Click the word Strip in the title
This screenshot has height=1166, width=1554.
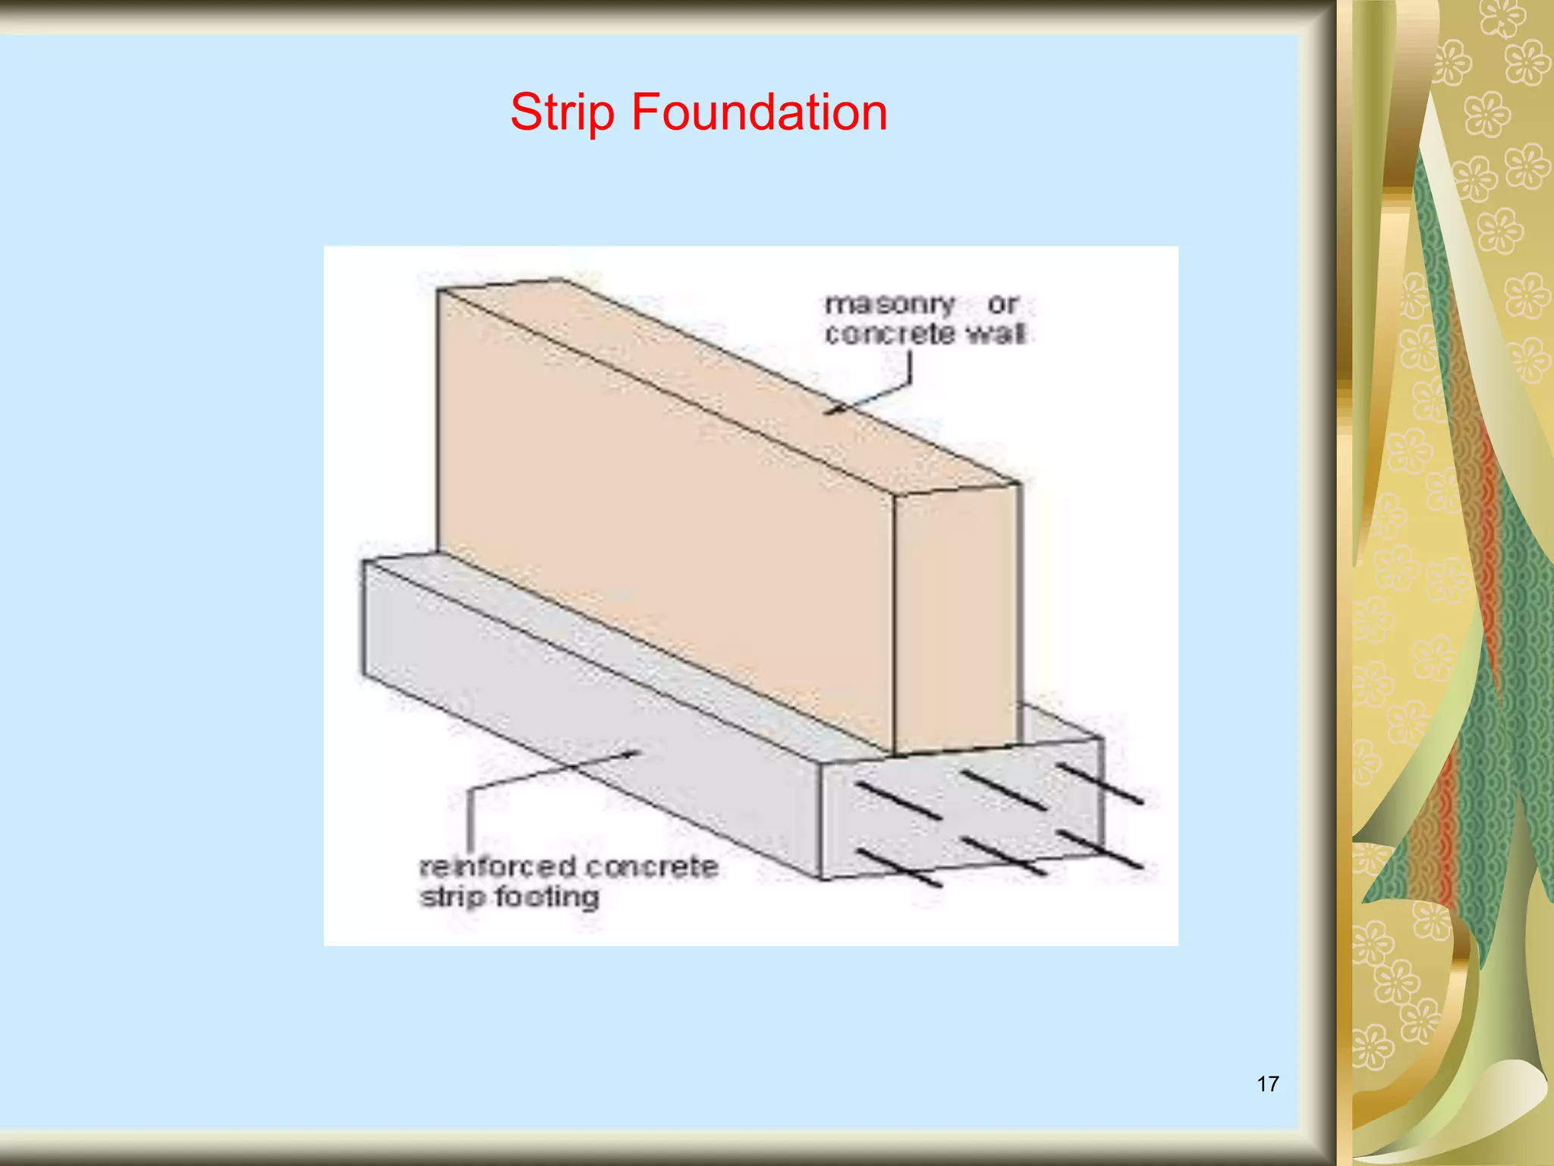point(562,112)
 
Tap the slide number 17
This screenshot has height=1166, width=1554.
point(1268,1083)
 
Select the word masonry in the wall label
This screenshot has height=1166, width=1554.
point(889,304)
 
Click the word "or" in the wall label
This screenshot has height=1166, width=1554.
point(1002,304)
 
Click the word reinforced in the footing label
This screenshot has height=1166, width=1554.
point(497,866)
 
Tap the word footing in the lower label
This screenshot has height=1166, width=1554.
point(547,897)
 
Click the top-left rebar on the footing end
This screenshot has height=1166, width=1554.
point(898,801)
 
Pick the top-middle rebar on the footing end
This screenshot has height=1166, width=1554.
point(1005,791)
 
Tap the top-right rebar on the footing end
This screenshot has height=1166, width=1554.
point(1100,783)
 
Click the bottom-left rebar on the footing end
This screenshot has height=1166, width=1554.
point(899,868)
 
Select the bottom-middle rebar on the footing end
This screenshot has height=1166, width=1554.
point(1004,856)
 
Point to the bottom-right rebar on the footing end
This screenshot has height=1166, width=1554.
point(1100,849)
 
